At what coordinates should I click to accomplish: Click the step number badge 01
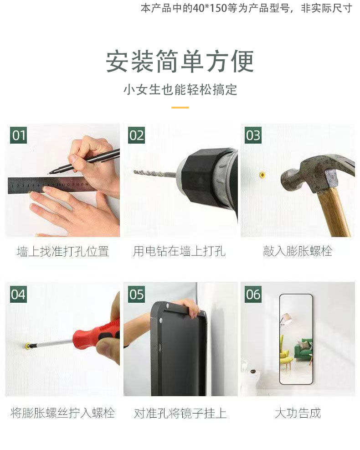click(x=19, y=135)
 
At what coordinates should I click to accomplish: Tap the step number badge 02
click(x=136, y=135)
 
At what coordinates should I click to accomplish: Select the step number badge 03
click(x=253, y=135)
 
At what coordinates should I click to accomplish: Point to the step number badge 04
click(x=19, y=294)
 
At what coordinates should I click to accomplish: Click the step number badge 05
click(x=136, y=294)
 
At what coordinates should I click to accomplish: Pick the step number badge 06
click(x=253, y=294)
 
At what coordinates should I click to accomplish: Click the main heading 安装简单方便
click(x=180, y=62)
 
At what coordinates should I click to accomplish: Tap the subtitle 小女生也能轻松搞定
click(x=180, y=90)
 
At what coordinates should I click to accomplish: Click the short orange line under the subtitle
click(x=180, y=108)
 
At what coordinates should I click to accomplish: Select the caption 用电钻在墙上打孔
click(x=179, y=251)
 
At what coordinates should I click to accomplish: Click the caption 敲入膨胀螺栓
click(x=298, y=251)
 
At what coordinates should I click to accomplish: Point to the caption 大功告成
click(x=298, y=413)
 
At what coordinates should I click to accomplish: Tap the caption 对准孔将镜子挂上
click(x=180, y=413)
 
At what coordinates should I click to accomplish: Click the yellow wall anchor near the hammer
click(x=262, y=175)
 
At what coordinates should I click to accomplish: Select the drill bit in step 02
click(x=155, y=173)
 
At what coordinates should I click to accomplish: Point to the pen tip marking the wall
click(x=49, y=173)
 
